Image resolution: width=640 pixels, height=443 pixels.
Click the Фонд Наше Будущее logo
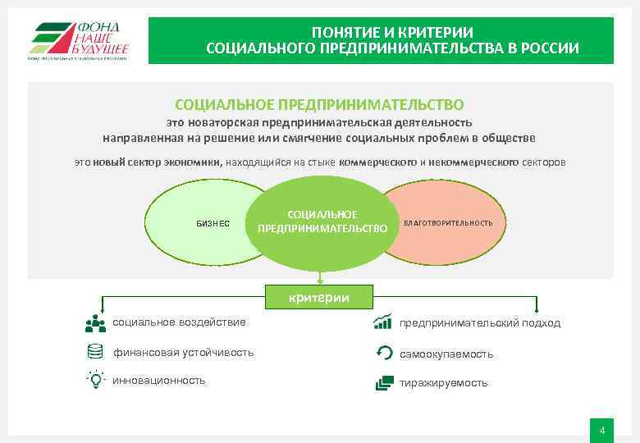79,40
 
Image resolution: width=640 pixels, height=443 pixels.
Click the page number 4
602,431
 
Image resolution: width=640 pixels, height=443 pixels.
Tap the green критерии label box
318,297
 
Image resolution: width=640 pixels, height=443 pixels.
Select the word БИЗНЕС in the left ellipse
213,223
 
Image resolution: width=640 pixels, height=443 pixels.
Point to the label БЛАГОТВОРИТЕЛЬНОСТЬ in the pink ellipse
448,223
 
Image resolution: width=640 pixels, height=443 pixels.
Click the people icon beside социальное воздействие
95,323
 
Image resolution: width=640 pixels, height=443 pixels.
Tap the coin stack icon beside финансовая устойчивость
95,352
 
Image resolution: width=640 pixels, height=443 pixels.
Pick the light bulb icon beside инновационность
95,380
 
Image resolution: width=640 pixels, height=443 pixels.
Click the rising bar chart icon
382,322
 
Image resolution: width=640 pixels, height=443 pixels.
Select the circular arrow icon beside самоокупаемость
383,353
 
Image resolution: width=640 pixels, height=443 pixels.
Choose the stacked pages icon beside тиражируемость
383,382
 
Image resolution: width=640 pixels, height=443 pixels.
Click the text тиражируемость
443,383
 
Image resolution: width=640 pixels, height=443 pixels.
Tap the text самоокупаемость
446,354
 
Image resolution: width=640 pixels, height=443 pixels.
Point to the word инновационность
158,381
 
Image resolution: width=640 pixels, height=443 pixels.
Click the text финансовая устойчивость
183,353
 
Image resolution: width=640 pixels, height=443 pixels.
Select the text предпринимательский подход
480,323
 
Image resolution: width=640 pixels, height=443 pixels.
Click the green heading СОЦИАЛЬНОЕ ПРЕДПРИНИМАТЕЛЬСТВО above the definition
319,105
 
